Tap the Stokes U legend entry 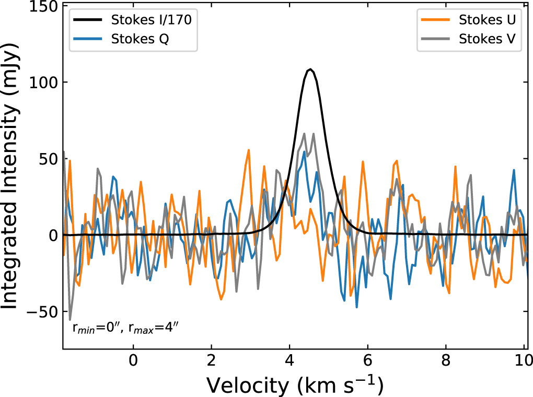click(x=488, y=20)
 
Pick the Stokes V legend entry click(x=488, y=39)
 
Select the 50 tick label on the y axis click(x=46, y=159)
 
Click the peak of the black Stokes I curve click(x=310, y=69)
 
